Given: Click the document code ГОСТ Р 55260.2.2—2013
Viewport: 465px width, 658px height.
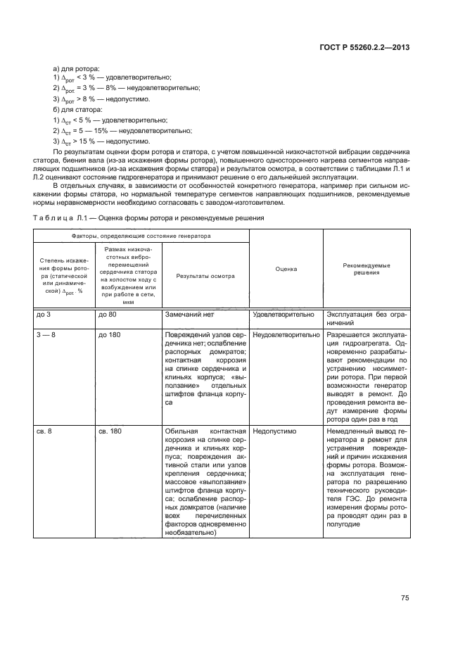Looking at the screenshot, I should (x=364, y=48).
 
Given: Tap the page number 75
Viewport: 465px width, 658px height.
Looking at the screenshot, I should (x=405, y=598).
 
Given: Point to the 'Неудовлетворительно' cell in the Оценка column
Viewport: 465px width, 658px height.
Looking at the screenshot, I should (x=285, y=335).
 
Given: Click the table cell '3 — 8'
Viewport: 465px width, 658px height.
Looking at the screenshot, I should (x=46, y=335).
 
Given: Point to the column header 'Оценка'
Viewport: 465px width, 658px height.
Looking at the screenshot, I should (x=285, y=269).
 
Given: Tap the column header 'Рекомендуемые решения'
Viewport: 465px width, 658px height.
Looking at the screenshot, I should (x=366, y=269).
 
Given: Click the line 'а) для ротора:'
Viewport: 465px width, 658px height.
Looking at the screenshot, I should (x=77, y=68).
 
